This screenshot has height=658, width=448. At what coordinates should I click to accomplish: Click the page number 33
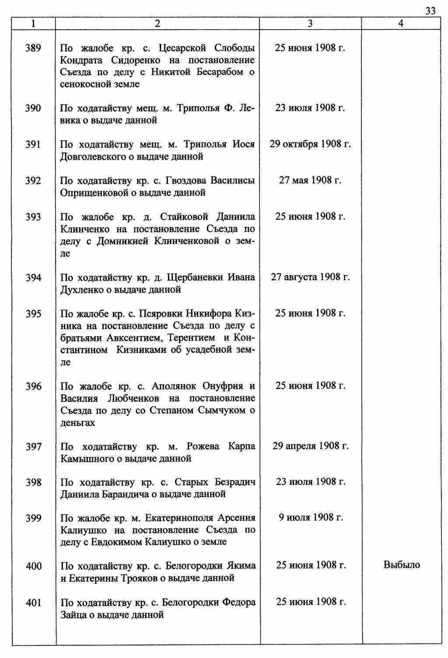click(430, 11)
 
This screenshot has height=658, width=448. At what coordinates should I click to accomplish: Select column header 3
click(310, 24)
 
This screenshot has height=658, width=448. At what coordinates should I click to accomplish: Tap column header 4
click(401, 24)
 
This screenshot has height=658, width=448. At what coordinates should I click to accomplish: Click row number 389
click(33, 48)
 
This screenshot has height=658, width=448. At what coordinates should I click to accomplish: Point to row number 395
click(33, 314)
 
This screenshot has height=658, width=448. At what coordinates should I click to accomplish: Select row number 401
click(33, 603)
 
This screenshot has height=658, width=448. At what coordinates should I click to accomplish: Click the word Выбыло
click(402, 565)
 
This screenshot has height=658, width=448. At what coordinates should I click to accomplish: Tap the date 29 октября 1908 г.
click(310, 144)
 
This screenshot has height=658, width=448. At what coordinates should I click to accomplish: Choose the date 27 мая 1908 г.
click(310, 180)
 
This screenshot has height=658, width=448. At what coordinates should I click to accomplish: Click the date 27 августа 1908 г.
click(310, 277)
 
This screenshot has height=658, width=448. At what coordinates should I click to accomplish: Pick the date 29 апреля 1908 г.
click(310, 446)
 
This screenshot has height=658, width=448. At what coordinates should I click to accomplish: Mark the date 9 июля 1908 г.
click(310, 518)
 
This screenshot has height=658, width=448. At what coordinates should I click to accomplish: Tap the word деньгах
click(77, 423)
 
